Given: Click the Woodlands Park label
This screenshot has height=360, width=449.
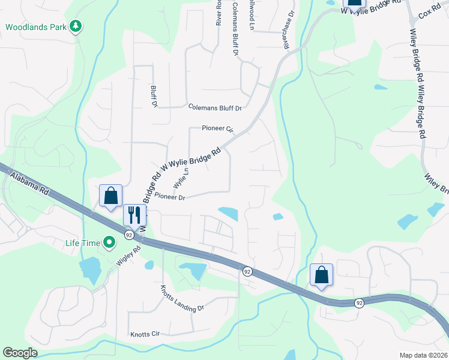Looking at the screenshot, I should point(35,27).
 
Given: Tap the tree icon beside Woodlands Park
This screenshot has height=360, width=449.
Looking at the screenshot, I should point(76,26).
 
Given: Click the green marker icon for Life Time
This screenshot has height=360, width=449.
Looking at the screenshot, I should point(109,243).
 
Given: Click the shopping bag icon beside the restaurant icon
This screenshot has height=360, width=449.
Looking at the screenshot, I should point(111,196).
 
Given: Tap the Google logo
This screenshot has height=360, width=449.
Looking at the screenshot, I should point(20,353).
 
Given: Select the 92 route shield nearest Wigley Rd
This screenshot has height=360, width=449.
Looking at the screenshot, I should point(129,235).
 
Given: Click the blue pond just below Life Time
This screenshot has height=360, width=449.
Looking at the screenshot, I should point(90,269).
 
